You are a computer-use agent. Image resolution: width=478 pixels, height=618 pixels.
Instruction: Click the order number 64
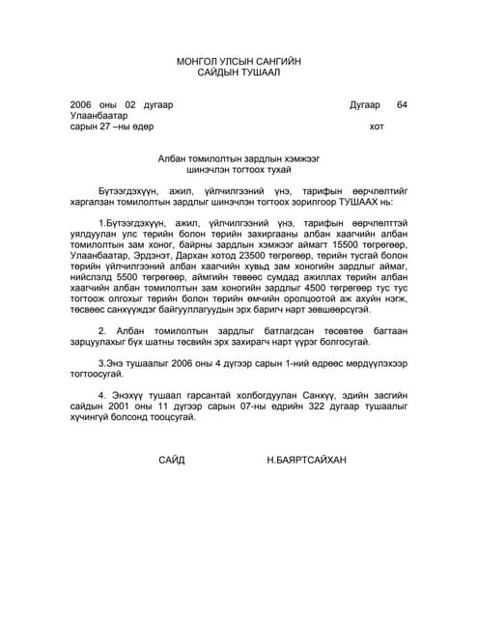pyautogui.click(x=402, y=104)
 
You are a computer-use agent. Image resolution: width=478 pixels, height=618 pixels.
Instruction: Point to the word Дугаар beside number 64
pyautogui.click(x=365, y=104)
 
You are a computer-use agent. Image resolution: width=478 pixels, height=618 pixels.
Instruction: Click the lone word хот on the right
pyautogui.click(x=377, y=126)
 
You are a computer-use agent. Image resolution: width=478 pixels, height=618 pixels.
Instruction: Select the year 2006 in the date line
pyautogui.click(x=82, y=104)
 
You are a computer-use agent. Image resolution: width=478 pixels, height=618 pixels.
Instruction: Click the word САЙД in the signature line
pyautogui.click(x=171, y=461)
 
